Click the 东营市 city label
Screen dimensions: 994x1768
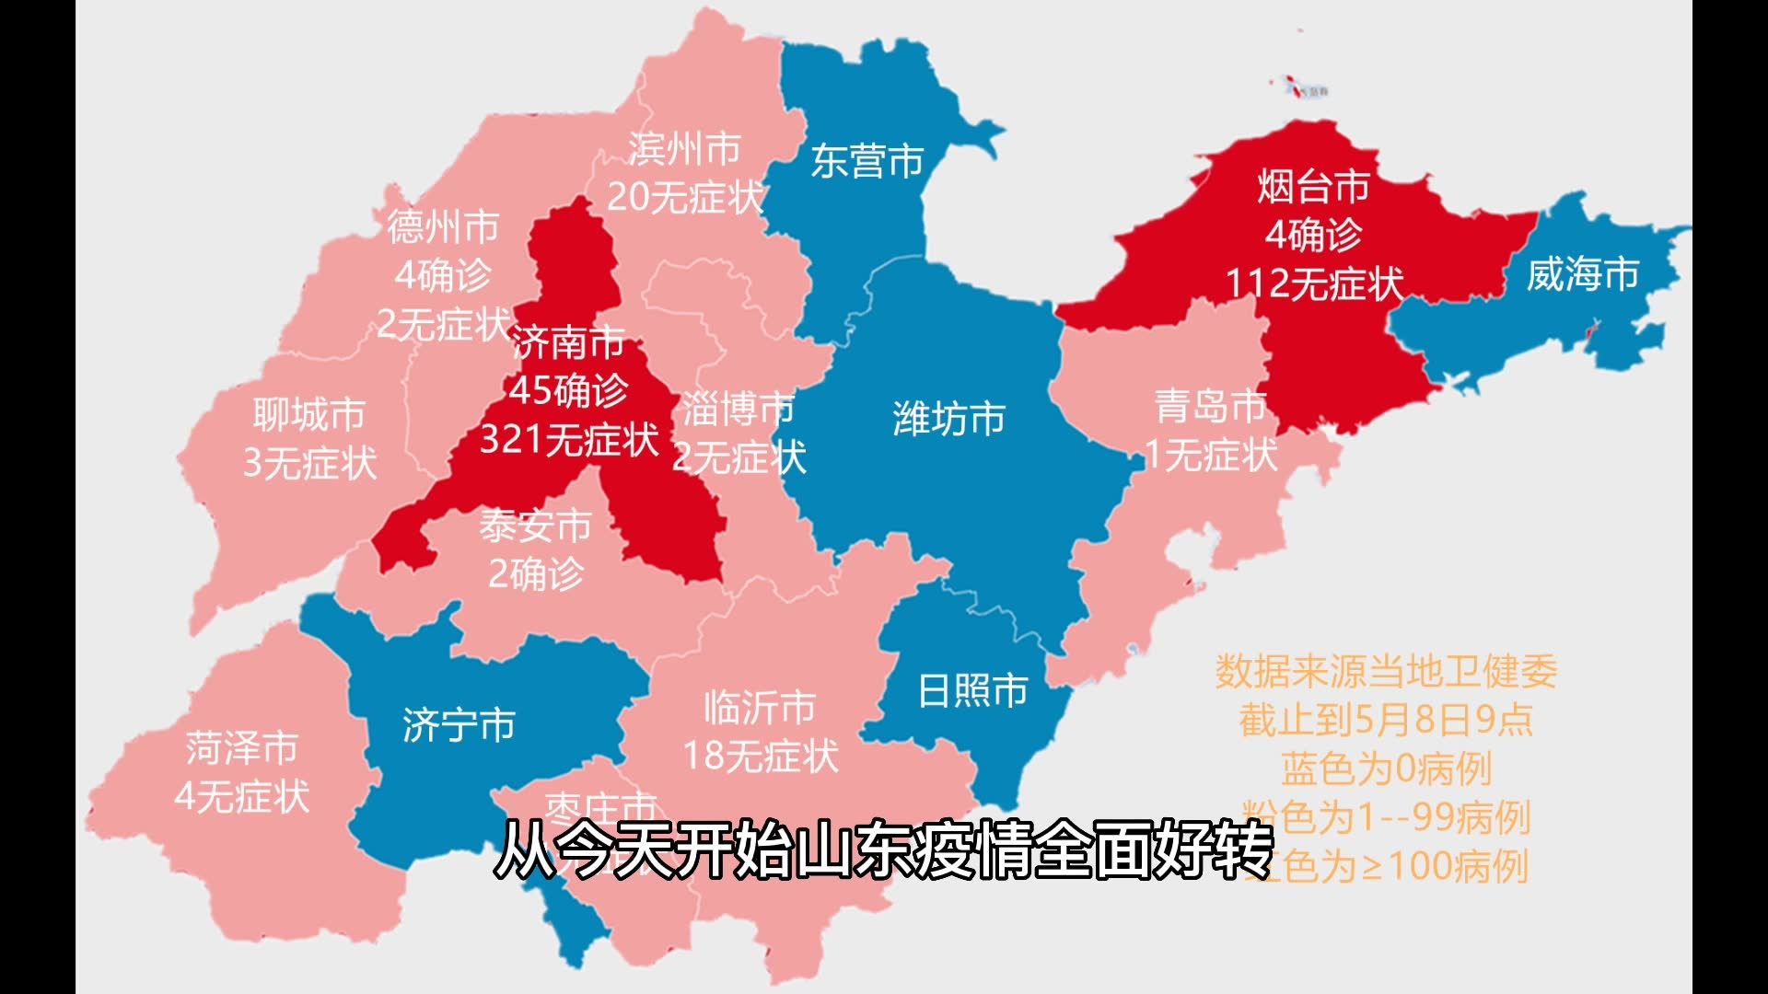(x=867, y=162)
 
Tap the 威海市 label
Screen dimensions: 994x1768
(x=1582, y=274)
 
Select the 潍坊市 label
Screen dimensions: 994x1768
(x=948, y=419)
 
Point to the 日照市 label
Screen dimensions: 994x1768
(x=972, y=690)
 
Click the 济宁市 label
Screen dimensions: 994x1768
(x=459, y=725)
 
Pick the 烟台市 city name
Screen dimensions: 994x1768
(x=1313, y=187)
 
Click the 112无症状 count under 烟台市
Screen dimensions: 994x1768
(x=1313, y=283)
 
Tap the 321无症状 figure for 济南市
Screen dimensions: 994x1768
(x=569, y=439)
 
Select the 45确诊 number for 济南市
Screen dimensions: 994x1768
(x=569, y=391)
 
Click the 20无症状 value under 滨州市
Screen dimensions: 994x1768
(x=685, y=196)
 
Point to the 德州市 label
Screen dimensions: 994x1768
(x=443, y=226)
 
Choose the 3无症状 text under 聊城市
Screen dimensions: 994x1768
(x=309, y=462)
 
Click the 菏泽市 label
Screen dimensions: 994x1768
(x=242, y=747)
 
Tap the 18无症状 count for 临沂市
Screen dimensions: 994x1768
(x=761, y=757)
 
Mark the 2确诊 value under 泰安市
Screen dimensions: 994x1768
(x=535, y=574)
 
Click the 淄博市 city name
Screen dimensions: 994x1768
(x=739, y=409)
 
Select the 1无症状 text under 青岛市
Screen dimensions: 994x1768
(x=1210, y=454)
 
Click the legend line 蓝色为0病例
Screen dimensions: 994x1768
(x=1385, y=769)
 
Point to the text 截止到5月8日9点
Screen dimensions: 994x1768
(x=1385, y=720)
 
